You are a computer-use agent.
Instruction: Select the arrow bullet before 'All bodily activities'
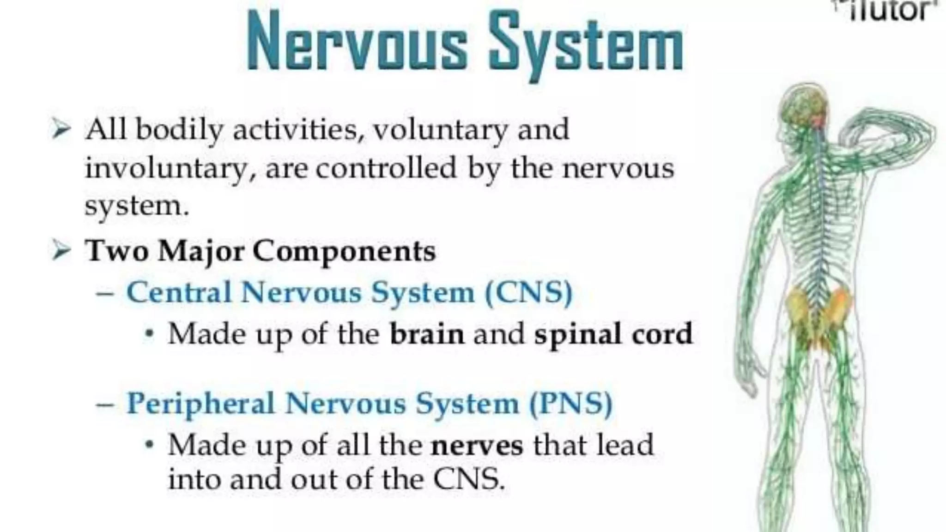[61, 129]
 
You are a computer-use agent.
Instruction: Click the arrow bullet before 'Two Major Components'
[61, 251]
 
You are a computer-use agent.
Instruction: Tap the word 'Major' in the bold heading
[200, 252]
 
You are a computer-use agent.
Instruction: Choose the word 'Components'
[344, 252]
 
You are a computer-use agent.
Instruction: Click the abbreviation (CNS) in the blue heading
[529, 293]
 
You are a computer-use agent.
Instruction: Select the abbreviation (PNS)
[570, 404]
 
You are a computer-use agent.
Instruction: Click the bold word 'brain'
[427, 334]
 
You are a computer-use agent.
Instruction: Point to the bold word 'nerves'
[477, 445]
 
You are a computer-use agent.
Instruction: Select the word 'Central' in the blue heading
[179, 293]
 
